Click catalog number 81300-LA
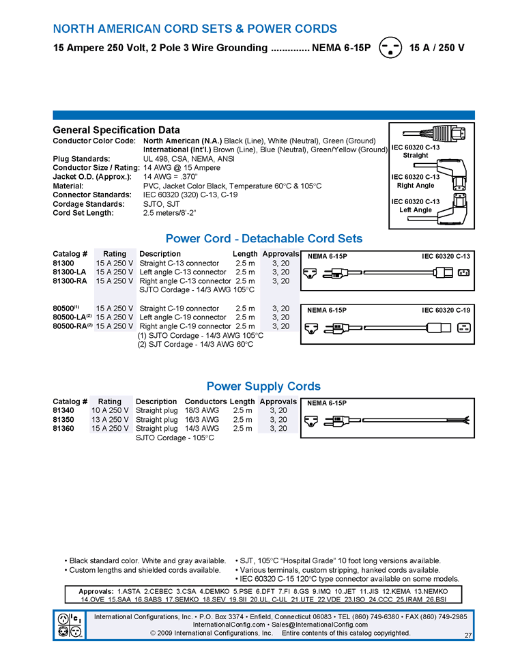point(70,272)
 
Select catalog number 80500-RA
point(71,326)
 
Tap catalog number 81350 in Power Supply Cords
point(63,420)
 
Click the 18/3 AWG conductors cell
point(201,410)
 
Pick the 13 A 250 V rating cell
point(110,420)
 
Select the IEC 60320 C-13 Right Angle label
point(416,181)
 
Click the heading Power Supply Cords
point(263,386)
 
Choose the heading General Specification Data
point(116,130)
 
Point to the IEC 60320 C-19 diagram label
point(446,311)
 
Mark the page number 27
point(467,636)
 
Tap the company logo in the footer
point(70,624)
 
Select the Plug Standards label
point(81,159)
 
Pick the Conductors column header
point(205,401)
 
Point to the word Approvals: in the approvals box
point(96,591)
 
